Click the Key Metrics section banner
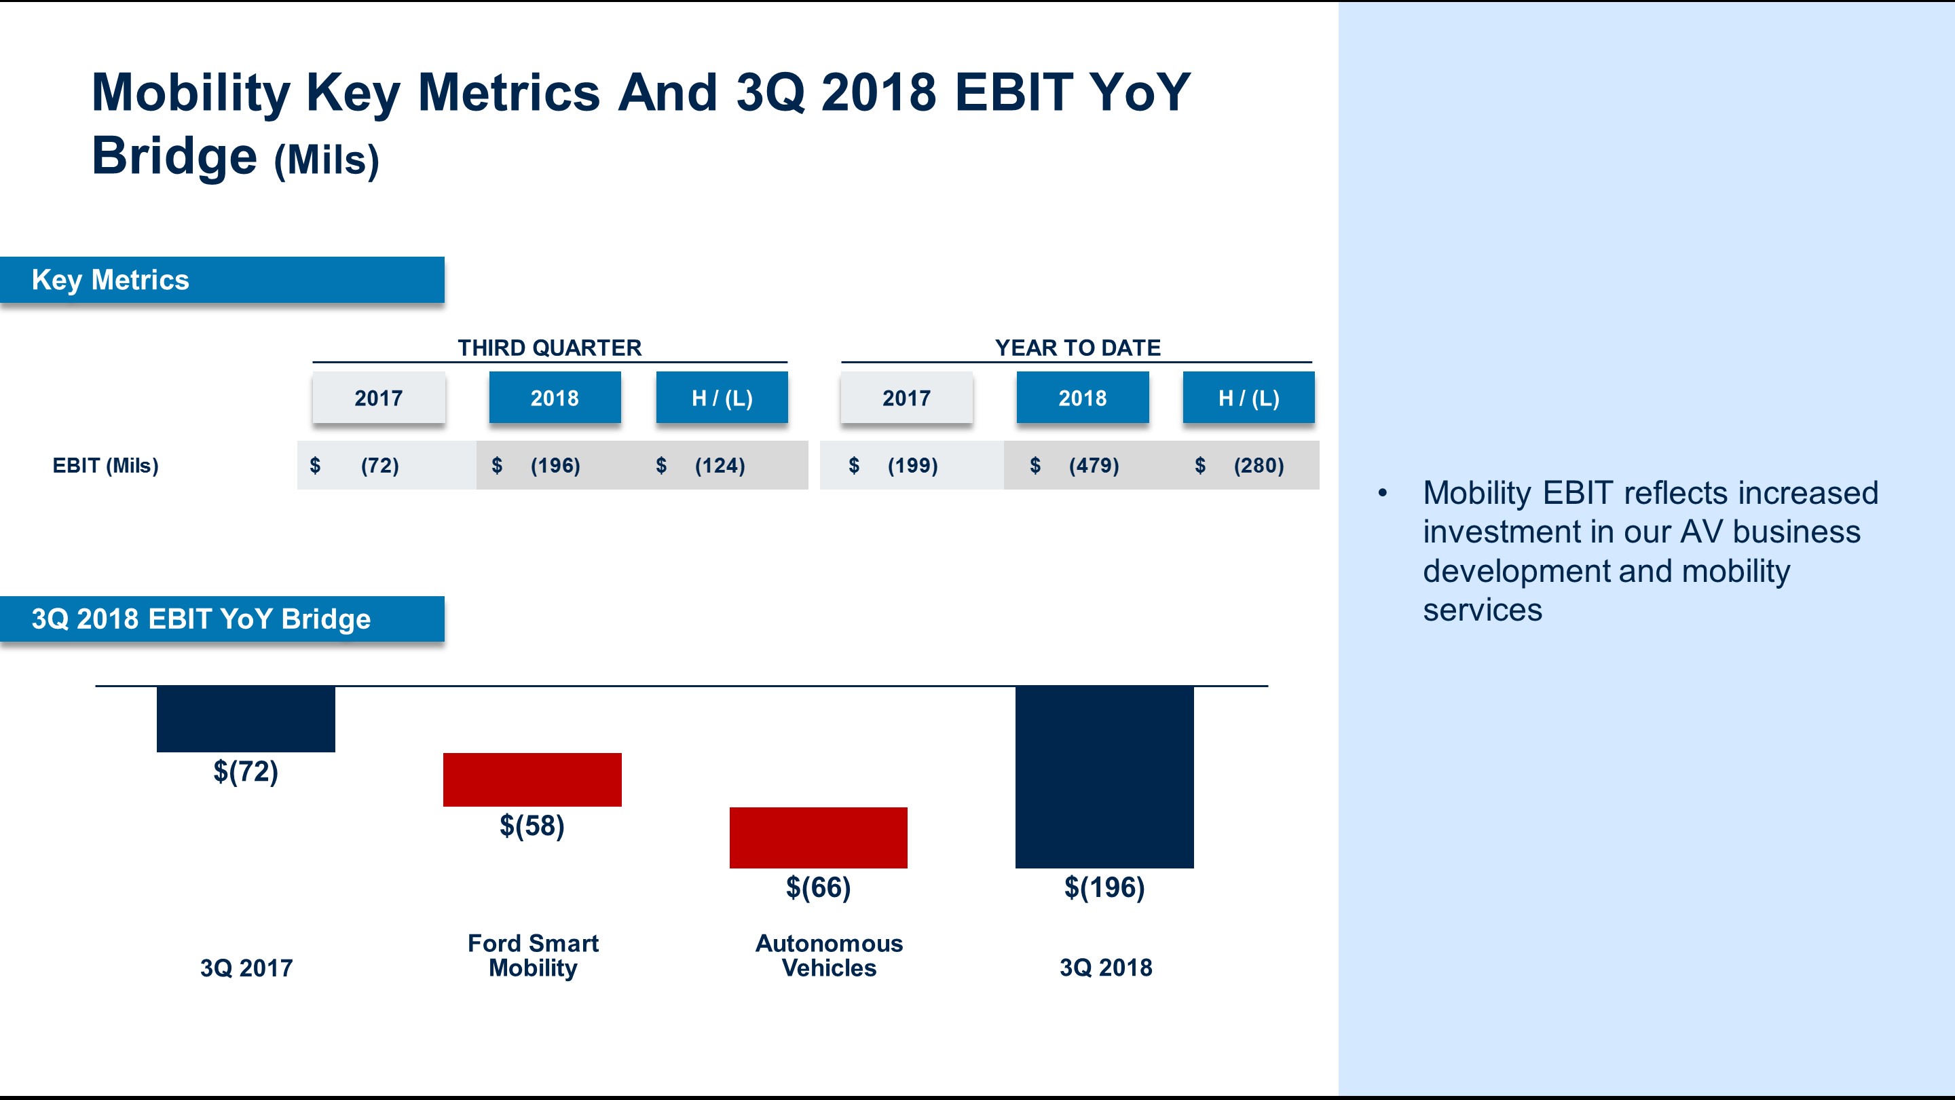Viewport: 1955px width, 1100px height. click(x=221, y=280)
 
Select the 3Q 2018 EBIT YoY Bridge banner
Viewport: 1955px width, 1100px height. click(x=221, y=619)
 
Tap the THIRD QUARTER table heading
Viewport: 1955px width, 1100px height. click(x=549, y=348)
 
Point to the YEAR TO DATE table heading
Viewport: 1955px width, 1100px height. click(x=1077, y=348)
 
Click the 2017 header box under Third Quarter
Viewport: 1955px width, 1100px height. click(x=378, y=398)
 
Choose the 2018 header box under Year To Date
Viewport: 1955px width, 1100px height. click(x=1082, y=398)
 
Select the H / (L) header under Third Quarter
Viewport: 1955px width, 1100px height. click(x=722, y=398)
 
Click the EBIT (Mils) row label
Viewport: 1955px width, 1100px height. click(x=105, y=465)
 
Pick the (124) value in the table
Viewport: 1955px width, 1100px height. click(x=720, y=465)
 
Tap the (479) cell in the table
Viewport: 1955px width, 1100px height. click(x=1094, y=465)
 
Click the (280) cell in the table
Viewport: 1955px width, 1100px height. click(x=1259, y=465)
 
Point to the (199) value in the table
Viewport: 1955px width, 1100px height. click(x=912, y=465)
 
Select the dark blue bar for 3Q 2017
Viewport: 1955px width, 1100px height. click(x=246, y=719)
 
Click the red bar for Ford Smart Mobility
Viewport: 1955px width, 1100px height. click(x=532, y=780)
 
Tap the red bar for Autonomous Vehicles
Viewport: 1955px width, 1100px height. click(x=818, y=837)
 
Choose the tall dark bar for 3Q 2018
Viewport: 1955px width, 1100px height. click(x=1104, y=777)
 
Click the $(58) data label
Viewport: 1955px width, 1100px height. click(x=532, y=826)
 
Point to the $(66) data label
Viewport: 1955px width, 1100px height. click(x=818, y=887)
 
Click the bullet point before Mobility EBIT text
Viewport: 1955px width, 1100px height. click(x=1382, y=494)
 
